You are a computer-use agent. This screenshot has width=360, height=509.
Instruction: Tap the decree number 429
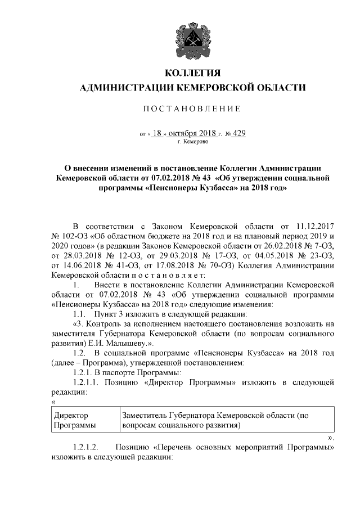point(238,134)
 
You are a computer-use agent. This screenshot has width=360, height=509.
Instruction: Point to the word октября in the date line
point(184,134)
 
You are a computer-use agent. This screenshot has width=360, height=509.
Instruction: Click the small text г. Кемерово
point(192,143)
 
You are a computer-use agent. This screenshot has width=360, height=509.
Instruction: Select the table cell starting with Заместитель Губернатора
point(217,420)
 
